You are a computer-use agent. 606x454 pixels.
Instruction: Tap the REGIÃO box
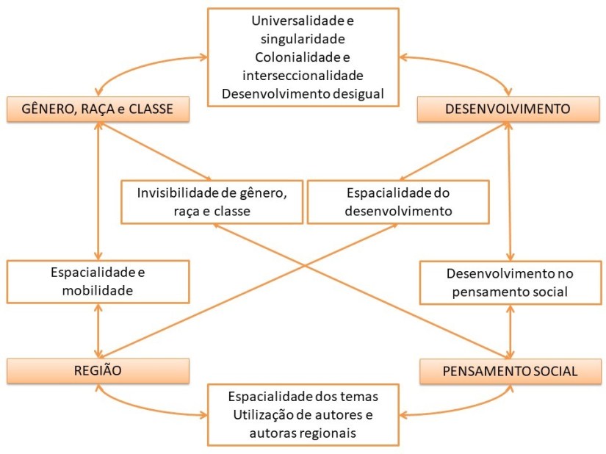98,371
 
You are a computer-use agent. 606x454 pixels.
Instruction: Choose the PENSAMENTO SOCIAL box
509,371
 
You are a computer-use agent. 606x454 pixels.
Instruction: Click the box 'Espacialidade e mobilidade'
98,281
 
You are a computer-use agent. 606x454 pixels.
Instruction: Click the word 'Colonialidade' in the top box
278,57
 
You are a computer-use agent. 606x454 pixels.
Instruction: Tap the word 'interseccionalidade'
303,75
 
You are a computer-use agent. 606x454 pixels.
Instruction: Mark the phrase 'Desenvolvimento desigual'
303,93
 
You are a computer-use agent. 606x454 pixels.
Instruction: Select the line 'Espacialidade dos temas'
303,397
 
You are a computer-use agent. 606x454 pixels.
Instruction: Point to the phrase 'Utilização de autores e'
303,415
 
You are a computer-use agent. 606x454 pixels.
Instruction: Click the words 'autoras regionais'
303,433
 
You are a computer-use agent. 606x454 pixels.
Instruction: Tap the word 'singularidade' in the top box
303,39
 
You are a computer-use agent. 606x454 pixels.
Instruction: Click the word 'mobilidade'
98,290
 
